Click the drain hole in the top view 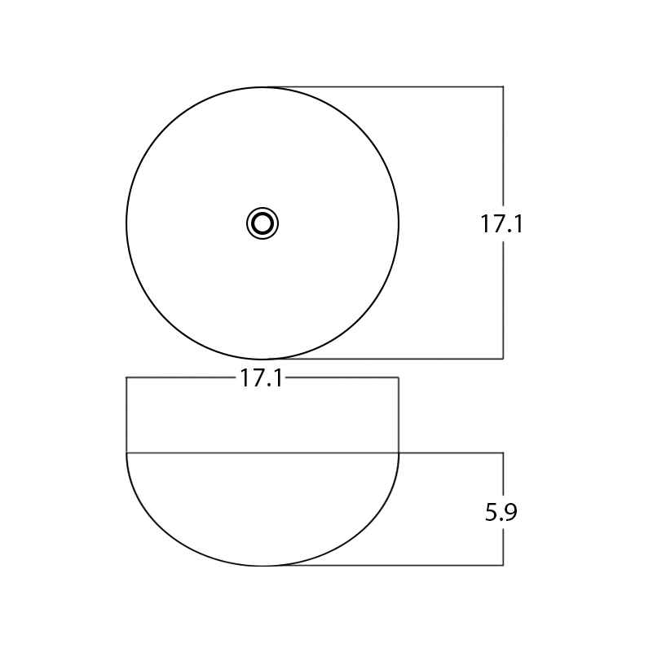coord(263,223)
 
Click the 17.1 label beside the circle coord(501,223)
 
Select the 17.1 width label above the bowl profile coord(261,378)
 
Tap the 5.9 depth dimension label coord(501,512)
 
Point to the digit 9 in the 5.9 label coord(510,512)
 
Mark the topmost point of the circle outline coord(263,87)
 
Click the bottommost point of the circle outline coord(263,359)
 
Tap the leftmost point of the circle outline coord(126,223)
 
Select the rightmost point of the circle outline coord(399,223)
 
